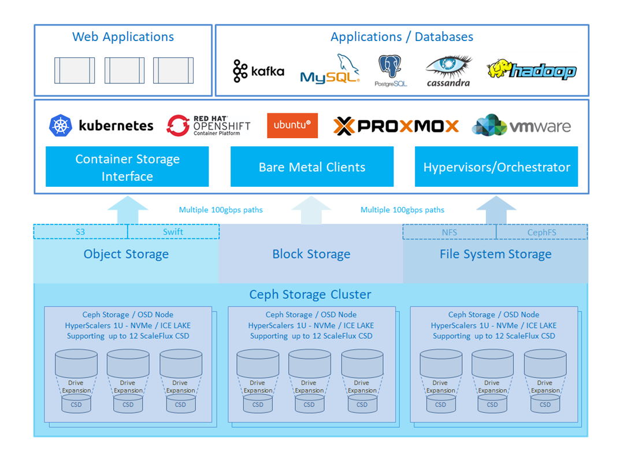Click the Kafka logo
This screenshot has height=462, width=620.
(258, 71)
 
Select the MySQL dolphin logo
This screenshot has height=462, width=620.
(330, 69)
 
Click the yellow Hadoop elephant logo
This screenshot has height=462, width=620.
(531, 70)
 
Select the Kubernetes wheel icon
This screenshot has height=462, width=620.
(61, 125)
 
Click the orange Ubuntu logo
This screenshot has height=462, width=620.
(292, 125)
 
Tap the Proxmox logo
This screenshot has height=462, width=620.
(396, 126)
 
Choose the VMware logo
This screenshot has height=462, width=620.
(521, 126)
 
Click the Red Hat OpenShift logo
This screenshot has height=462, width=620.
(209, 125)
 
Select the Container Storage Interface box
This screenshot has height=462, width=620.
(127, 167)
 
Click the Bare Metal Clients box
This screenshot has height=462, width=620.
(312, 167)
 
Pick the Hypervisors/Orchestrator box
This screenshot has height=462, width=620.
(496, 167)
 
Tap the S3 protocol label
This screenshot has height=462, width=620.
(80, 232)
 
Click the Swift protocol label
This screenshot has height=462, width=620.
(173, 232)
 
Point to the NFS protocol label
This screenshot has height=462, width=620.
(449, 232)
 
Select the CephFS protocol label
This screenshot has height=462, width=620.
(541, 232)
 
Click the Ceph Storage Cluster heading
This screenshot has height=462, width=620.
(310, 294)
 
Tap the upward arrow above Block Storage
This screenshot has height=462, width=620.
(311, 210)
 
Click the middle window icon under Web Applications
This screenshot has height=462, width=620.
(124, 71)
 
